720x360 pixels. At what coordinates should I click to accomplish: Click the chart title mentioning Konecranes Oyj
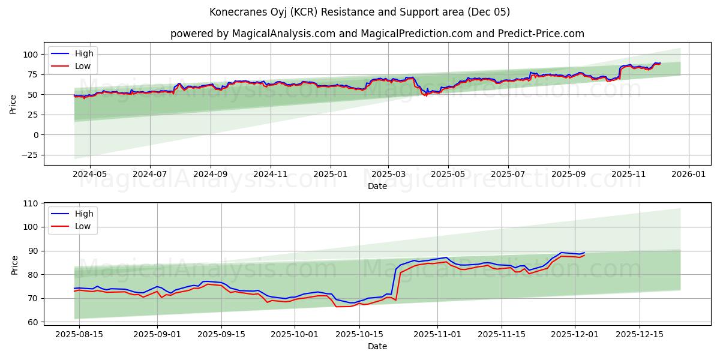(x=360, y=12)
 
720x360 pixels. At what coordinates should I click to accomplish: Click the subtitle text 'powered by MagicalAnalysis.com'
(x=253, y=34)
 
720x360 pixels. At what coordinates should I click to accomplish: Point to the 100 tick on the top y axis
(x=31, y=55)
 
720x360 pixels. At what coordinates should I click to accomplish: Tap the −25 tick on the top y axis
(x=30, y=155)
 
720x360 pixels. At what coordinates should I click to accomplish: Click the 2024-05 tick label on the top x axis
(x=90, y=175)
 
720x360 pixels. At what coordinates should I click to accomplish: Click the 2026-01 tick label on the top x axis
(x=688, y=175)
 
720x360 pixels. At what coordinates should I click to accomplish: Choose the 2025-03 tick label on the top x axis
(x=388, y=175)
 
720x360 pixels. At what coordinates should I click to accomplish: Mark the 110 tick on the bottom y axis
(x=31, y=203)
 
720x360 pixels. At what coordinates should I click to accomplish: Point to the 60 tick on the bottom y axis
(x=33, y=322)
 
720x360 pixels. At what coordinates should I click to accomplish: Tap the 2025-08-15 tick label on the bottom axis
(x=79, y=334)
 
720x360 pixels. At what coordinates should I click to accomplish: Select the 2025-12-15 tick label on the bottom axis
(x=640, y=334)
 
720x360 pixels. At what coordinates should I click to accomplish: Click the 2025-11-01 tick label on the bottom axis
(x=437, y=334)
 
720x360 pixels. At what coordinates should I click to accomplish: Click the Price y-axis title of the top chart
(x=13, y=104)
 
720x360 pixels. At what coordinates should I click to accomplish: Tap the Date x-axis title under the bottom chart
(x=377, y=346)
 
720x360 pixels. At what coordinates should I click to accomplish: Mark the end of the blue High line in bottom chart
(x=584, y=253)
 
